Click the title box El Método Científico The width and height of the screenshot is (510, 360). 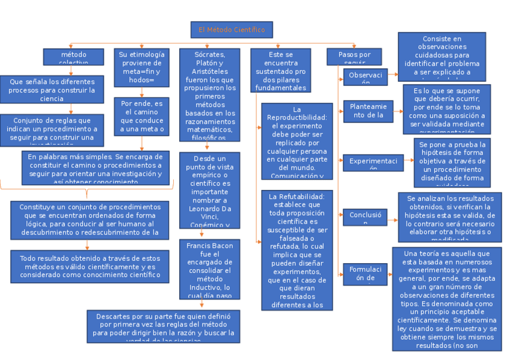coord(232,29)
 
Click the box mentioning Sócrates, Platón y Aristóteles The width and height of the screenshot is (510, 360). coord(209,95)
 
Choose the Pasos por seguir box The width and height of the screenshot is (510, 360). coord(354,56)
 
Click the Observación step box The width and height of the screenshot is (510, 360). coord(365,77)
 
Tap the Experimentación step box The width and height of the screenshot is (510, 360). coord(373,162)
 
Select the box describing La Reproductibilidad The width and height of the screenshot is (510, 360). coord(296,141)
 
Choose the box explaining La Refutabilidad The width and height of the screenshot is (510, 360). coord(296,250)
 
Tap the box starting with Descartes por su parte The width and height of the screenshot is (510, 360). coord(163,326)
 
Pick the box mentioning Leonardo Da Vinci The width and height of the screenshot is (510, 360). coord(209,191)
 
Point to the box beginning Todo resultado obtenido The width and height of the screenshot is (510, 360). coord(90,266)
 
